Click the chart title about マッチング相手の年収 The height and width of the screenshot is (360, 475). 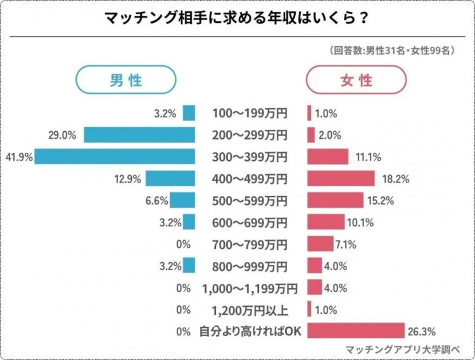[x=237, y=18]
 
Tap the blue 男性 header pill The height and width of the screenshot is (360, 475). [x=125, y=80]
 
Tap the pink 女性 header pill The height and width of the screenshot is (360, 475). [x=356, y=80]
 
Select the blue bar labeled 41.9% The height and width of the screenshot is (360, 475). [x=115, y=157]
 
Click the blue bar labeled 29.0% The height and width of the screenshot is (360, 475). [x=139, y=135]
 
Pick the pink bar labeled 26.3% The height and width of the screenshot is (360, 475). [x=356, y=331]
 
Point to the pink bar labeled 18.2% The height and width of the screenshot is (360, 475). [x=341, y=179]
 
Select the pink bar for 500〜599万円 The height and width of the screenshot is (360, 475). [x=336, y=200]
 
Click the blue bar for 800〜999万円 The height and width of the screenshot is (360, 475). [x=189, y=266]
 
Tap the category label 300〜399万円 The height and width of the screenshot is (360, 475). [x=250, y=157]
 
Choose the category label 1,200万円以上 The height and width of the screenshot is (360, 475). [x=250, y=309]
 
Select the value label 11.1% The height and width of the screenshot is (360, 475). [x=364, y=157]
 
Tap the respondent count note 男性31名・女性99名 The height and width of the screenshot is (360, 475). [x=391, y=50]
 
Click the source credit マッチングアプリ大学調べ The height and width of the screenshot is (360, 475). [x=401, y=349]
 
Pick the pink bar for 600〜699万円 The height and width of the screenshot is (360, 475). [x=326, y=222]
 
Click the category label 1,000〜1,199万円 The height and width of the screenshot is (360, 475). [x=250, y=288]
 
